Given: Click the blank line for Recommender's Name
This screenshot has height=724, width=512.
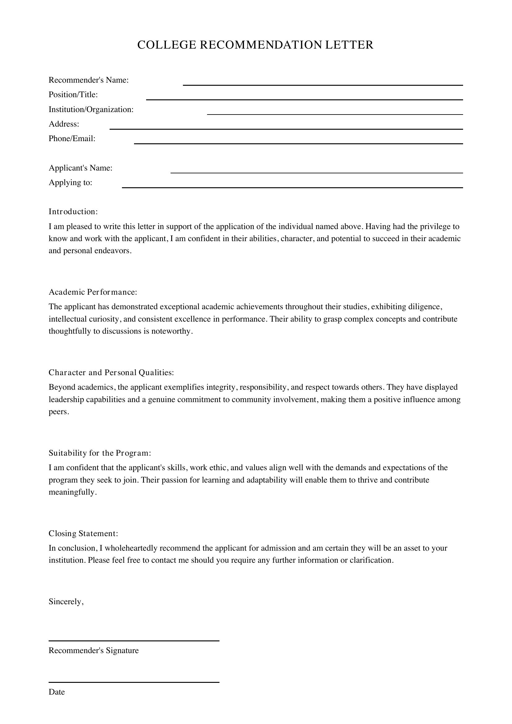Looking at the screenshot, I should (x=323, y=85).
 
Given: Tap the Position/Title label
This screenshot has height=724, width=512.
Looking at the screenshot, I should (x=73, y=95).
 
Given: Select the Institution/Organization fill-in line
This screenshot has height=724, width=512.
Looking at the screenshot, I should (x=335, y=114).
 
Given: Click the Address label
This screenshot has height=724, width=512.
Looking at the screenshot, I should (x=64, y=124).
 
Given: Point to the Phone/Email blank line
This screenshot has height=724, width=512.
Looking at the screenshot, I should (x=298, y=143).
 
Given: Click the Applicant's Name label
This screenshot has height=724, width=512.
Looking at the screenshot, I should (x=80, y=168).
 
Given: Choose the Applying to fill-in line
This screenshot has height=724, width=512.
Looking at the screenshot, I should (x=292, y=187).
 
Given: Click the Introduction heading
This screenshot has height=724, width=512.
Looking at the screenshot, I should (x=73, y=212).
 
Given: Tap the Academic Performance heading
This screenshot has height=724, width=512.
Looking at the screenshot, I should (x=93, y=292).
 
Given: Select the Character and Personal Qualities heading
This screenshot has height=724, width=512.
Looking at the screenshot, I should (x=111, y=373).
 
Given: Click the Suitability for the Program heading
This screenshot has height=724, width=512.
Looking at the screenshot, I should (x=100, y=453).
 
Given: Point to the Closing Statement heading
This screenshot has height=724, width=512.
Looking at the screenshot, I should (x=83, y=534).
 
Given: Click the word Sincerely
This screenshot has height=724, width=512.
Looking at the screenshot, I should (x=66, y=602).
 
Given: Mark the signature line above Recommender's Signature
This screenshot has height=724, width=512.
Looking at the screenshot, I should (x=134, y=640).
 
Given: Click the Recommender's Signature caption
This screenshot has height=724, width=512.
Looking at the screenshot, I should (x=93, y=651).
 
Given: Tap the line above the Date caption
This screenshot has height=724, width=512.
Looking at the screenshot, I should (x=134, y=682).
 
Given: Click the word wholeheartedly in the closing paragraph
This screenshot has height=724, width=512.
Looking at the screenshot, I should (x=131, y=548).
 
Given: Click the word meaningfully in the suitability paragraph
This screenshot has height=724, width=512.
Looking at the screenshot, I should (x=72, y=492).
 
